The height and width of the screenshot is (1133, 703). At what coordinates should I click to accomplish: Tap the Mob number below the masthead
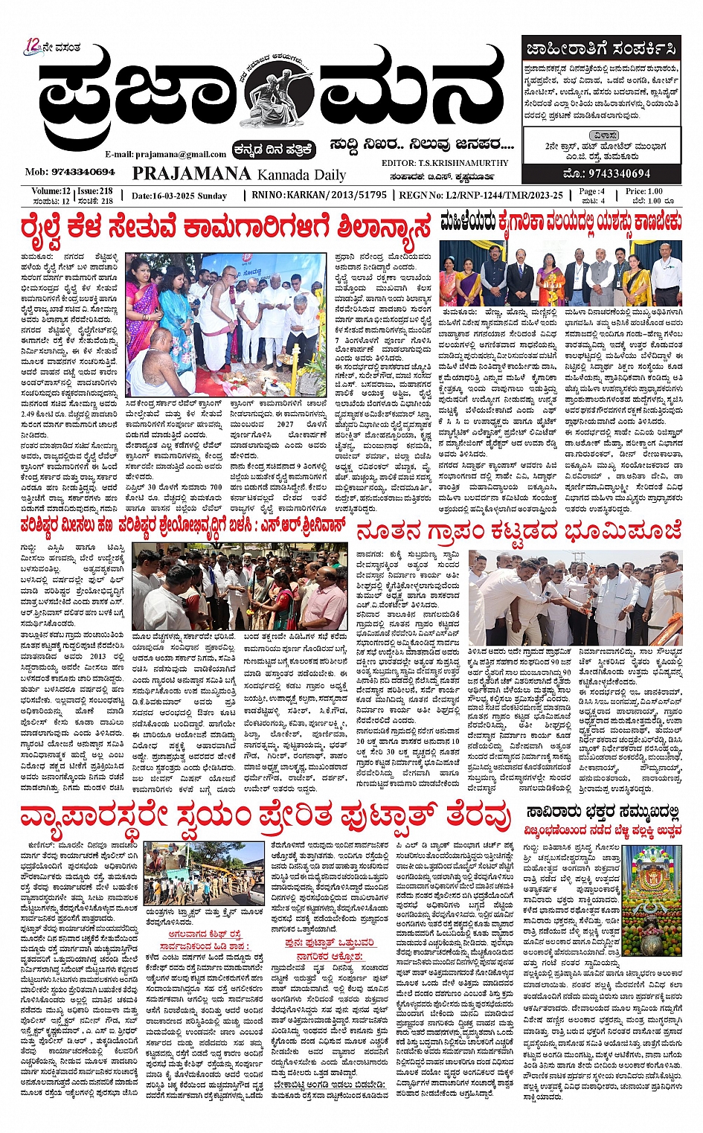click(x=69, y=172)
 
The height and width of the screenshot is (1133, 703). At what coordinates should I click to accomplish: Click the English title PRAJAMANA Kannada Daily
click(x=239, y=174)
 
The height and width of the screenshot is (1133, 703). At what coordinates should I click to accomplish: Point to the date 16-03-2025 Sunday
click(x=179, y=195)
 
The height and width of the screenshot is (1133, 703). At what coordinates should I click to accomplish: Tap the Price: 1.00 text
click(x=645, y=191)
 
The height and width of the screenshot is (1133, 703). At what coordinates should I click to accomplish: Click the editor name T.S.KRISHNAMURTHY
click(x=462, y=162)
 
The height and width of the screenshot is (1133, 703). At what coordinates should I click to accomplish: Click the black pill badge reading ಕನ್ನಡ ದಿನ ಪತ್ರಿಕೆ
click(x=274, y=150)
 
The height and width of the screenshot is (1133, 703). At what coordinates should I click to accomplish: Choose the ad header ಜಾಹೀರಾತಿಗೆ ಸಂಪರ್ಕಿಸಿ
click(x=601, y=50)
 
